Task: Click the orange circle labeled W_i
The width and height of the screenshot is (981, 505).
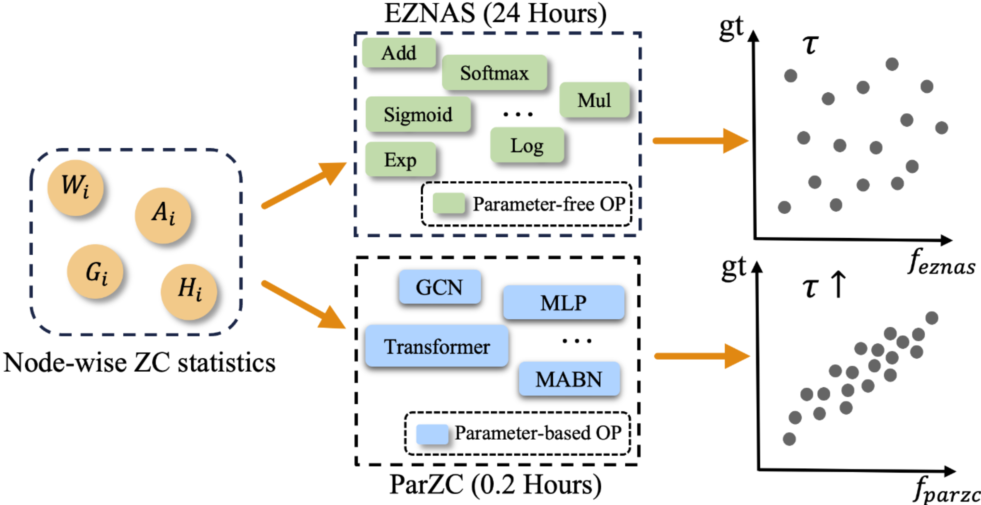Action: point(75,187)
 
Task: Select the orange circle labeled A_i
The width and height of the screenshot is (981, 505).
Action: point(163,215)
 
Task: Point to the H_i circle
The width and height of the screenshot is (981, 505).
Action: point(189,291)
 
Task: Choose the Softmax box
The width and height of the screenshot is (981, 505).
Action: point(494,73)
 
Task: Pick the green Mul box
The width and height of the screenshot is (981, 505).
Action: point(594,100)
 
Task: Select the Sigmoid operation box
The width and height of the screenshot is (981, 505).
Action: point(418,114)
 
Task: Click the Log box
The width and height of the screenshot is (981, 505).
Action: point(527,145)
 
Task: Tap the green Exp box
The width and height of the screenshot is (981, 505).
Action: point(400,159)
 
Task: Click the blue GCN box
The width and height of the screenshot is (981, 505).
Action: point(440,287)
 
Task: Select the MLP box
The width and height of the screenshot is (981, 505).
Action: point(564,302)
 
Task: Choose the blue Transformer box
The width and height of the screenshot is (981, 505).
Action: point(436,346)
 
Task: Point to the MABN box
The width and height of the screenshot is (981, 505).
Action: point(569,379)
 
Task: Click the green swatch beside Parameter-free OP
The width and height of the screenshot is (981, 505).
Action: point(449,203)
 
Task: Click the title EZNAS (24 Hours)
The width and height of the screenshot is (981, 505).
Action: point(495,14)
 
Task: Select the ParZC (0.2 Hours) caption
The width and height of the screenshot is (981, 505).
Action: point(495,485)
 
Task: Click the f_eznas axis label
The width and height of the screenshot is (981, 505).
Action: point(941,263)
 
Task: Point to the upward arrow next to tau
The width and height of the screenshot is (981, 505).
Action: point(838,284)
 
